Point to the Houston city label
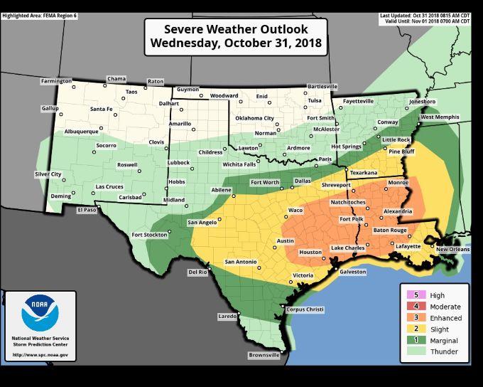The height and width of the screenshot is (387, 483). (310, 253)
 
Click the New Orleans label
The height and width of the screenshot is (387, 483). (452, 250)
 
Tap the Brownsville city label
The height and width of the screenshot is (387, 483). (264, 355)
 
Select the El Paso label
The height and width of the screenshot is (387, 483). (86, 210)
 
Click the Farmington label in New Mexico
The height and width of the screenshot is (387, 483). (56, 81)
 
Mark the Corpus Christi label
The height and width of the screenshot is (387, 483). (304, 309)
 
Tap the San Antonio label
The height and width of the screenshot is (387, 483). (240, 262)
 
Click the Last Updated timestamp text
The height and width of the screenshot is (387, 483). (425, 15)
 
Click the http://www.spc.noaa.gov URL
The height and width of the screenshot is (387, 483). (40, 354)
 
